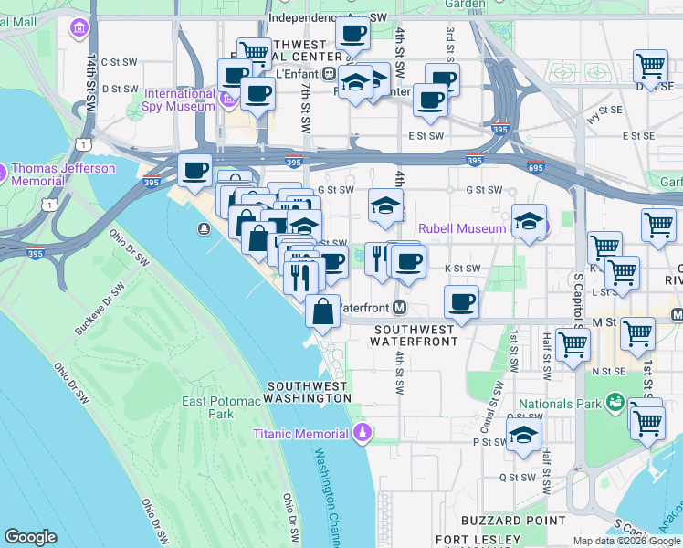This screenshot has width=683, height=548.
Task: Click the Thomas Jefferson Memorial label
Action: point(63,174)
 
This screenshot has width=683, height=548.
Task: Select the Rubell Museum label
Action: point(461,228)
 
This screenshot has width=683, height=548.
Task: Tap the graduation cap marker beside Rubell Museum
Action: point(529,220)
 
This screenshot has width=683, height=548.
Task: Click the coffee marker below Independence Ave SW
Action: point(352,34)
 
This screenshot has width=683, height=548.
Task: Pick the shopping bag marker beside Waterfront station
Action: point(323,311)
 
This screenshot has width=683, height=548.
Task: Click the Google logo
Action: point(30,537)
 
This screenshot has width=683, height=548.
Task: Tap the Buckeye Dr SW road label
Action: point(99,303)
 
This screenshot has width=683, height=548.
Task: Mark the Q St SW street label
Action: point(517,477)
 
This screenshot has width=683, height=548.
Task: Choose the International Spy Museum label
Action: point(179,100)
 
